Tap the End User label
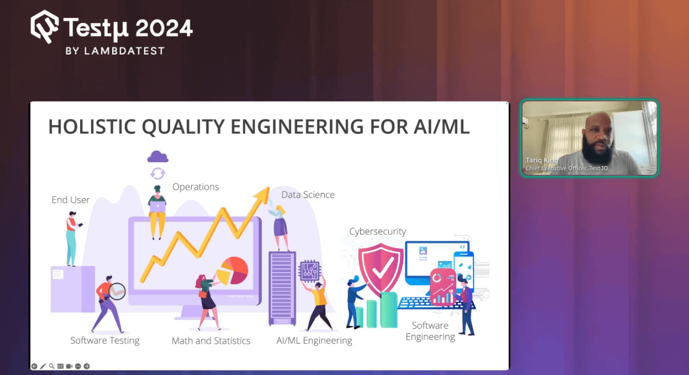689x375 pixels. point(71,200)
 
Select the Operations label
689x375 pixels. point(196,187)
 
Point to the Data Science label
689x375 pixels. point(308,195)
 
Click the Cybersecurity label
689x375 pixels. point(377,231)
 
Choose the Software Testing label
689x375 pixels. point(105,340)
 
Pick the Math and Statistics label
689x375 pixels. point(211,341)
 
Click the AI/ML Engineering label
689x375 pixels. point(314,341)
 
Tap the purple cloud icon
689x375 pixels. point(158,157)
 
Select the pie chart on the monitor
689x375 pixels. point(233,270)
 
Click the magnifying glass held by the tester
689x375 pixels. point(117,291)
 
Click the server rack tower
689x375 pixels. point(282,287)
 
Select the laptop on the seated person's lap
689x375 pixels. point(158,205)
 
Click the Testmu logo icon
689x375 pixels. point(45,26)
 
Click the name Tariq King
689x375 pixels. point(541,160)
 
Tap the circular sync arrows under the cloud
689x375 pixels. point(158,173)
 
